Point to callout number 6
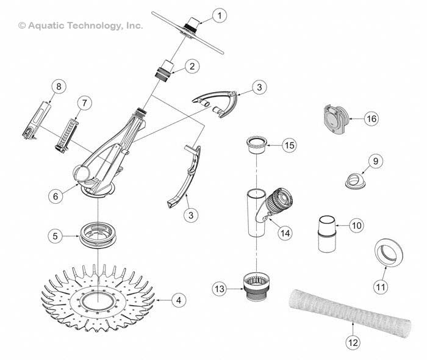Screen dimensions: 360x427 [x=55, y=196]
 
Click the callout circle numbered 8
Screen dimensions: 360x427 [x=59, y=87]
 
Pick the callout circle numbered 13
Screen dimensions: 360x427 [x=221, y=287]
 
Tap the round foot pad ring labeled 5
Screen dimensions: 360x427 [x=98, y=234]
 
